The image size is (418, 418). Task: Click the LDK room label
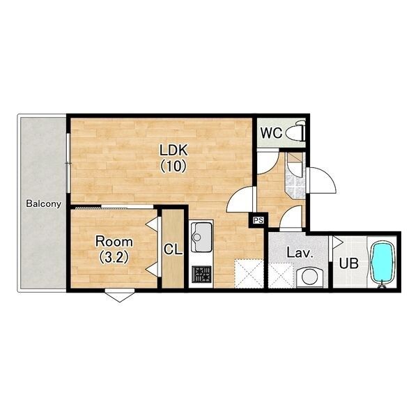tap(173, 150)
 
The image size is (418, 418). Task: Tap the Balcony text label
tap(44, 204)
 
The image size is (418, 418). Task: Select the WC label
tap(272, 133)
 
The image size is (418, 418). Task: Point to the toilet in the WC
tap(295, 132)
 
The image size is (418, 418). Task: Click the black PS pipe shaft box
tap(258, 220)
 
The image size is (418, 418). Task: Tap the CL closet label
tap(173, 250)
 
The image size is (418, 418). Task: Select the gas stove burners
tap(202, 274)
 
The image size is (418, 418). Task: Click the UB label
tap(349, 263)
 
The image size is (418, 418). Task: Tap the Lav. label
tap(300, 252)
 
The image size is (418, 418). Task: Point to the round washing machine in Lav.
tap(310, 277)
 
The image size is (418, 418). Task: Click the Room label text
tap(114, 242)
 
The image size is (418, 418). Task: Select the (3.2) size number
tap(114, 257)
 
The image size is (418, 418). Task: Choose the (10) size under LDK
tap(173, 167)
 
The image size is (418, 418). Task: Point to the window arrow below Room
tap(120, 295)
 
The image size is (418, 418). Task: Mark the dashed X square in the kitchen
tap(249, 274)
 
